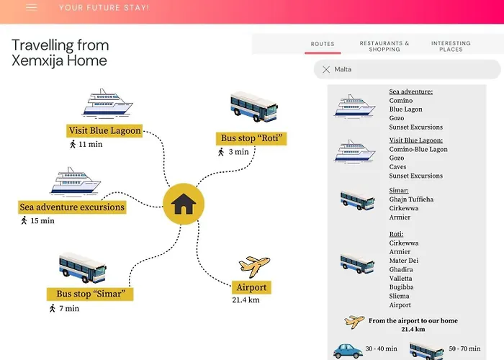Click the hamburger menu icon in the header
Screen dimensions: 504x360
point(32,7)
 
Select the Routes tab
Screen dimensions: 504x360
point(323,44)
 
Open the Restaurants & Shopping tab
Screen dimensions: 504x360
point(384,46)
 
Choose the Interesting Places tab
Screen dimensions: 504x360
point(451,46)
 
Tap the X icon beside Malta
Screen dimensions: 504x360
point(326,69)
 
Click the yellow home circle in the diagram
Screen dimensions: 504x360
point(184,204)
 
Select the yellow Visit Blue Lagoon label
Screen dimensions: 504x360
point(104,131)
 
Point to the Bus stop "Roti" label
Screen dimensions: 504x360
point(251,138)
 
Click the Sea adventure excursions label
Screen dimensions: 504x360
point(72,207)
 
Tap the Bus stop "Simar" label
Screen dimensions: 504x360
point(90,294)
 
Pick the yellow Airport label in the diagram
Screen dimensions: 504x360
point(251,287)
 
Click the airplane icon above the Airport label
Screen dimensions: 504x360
point(254,266)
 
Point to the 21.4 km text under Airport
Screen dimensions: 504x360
point(246,300)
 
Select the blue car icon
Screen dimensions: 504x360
point(348,351)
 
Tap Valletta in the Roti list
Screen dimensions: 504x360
point(400,279)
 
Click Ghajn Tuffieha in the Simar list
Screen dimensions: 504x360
point(411,199)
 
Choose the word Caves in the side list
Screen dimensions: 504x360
point(397,167)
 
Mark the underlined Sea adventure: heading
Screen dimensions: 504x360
point(411,91)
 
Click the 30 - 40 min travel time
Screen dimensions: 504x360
point(381,348)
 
